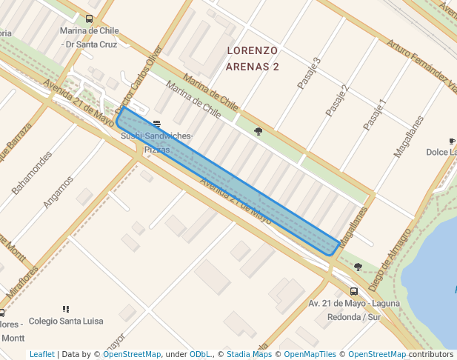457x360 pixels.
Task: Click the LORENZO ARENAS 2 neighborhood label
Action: [x=252, y=59]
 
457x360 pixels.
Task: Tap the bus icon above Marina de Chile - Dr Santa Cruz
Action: [x=90, y=19]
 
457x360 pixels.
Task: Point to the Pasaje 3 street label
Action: [x=309, y=73]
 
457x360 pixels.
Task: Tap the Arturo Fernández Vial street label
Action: [x=422, y=67]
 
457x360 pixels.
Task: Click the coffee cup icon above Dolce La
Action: [x=452, y=141]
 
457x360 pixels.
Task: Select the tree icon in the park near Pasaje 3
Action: [x=258, y=132]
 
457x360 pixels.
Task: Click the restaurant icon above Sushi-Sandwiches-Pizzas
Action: [x=156, y=124]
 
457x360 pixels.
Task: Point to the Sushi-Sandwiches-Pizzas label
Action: [x=156, y=143]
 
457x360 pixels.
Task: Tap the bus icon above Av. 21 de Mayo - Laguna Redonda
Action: [x=354, y=291]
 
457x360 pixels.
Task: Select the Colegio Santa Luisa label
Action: [x=66, y=321]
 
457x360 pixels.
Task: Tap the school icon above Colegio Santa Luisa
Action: [x=66, y=309]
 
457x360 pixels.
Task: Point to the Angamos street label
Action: [x=58, y=190]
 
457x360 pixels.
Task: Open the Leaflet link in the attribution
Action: [x=41, y=355]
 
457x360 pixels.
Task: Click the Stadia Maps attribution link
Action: [x=249, y=355]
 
